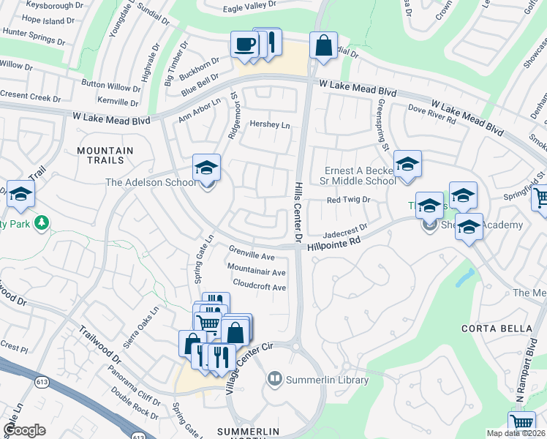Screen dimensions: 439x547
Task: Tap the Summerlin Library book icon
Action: point(275,379)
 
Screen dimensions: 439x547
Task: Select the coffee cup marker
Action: point(244,44)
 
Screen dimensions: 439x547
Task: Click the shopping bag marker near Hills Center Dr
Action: point(322,45)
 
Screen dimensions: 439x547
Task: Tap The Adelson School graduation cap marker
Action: point(206,168)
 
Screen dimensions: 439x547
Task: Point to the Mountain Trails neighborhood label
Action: point(105,155)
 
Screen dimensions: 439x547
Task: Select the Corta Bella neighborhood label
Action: point(497,328)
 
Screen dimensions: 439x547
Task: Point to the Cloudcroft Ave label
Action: point(259,288)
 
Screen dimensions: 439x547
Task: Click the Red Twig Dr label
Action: point(349,200)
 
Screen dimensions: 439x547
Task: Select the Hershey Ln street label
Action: point(270,125)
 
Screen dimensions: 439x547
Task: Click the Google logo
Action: point(24,429)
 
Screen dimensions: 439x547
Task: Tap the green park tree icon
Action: point(42,221)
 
